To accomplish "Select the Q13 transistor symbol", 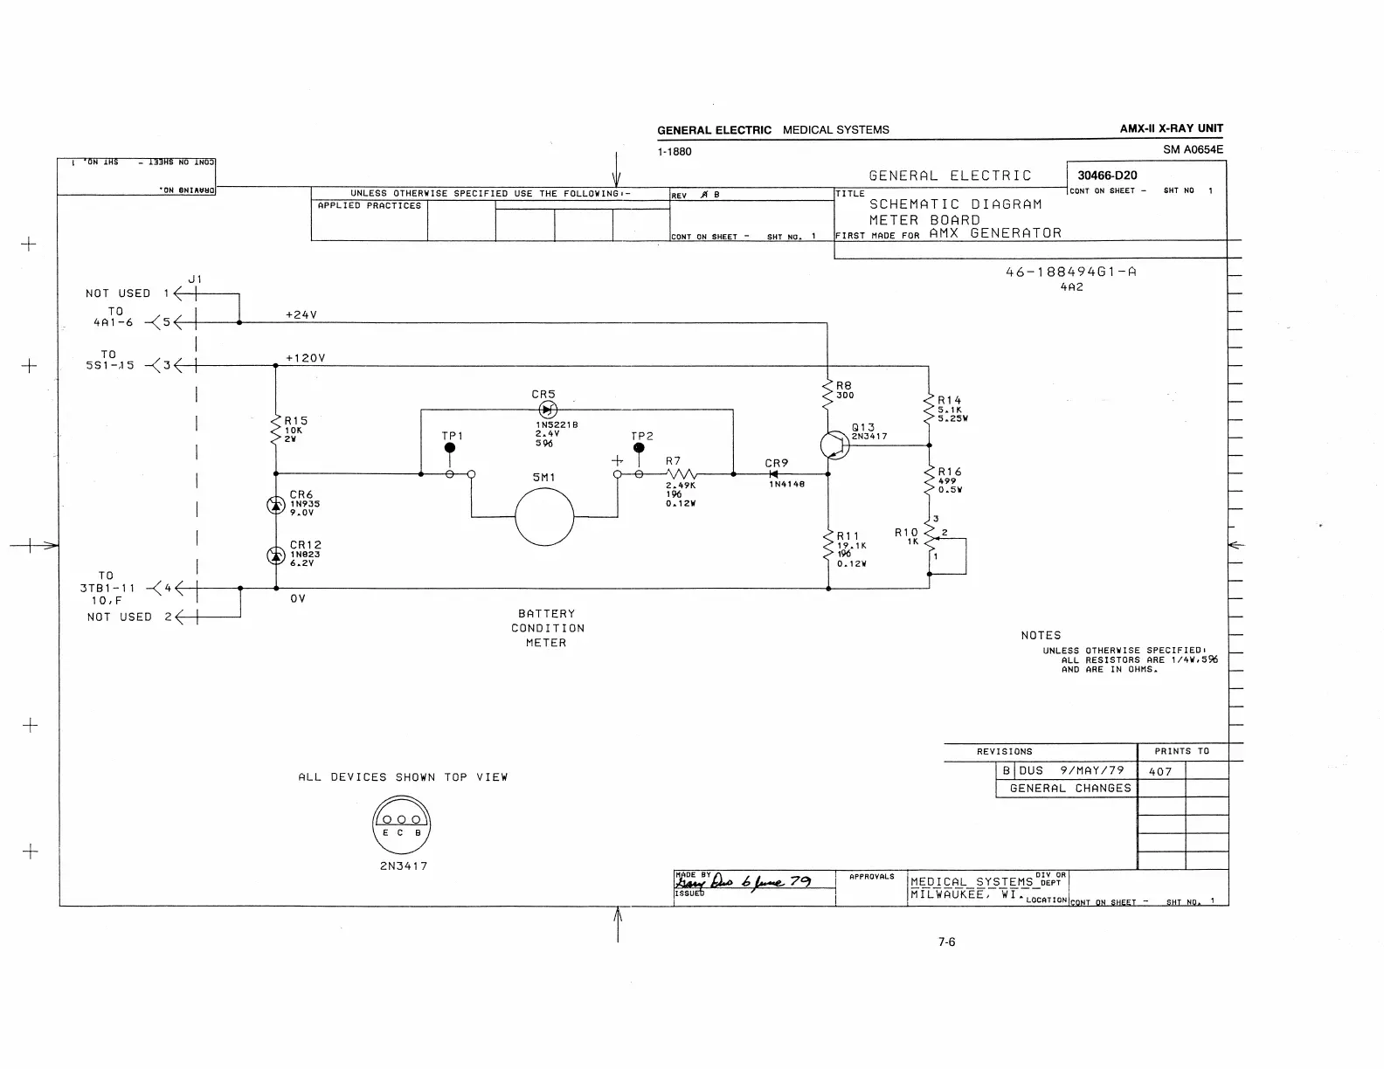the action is point(834,445).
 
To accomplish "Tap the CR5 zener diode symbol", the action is point(548,410).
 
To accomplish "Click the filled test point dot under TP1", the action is point(450,448).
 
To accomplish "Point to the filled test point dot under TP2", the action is point(639,448).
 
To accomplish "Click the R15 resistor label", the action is point(296,420).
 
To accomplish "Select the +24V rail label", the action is point(301,314).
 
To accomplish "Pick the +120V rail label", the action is point(305,358).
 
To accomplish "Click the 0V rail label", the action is point(298,599).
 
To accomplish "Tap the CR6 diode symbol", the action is point(275,505).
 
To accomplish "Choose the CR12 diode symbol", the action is point(275,555).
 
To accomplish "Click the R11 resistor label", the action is point(848,536).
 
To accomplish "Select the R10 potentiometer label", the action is point(906,532).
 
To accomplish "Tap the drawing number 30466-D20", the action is point(1107,176).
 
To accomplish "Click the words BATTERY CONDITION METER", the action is point(547,628).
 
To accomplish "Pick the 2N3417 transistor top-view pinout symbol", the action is point(402,824).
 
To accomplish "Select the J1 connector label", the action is point(195,279).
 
